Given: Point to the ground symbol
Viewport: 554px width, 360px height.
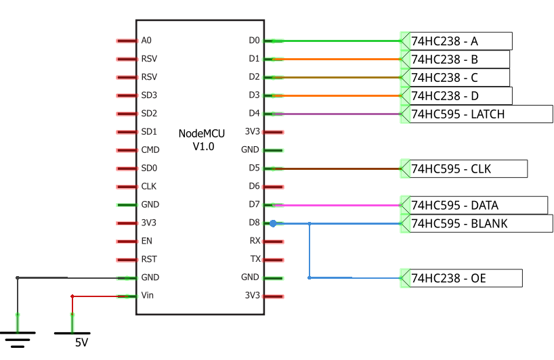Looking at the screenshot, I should tap(18, 335).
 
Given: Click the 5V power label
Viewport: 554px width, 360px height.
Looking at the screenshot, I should tap(81, 343).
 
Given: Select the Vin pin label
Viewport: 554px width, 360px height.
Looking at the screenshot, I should tap(148, 296).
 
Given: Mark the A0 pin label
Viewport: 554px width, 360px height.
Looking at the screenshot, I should tap(147, 41).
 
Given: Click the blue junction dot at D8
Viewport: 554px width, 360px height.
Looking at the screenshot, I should tap(273, 223).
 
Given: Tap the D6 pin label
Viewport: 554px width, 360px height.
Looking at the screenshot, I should tap(254, 186).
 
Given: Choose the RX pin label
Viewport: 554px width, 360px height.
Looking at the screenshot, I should tap(255, 241).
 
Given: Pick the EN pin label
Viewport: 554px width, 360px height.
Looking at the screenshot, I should tap(147, 241).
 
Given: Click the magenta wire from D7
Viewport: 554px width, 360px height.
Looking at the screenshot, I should tap(339, 205).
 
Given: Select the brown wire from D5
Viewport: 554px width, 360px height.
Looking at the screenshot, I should tap(339, 168).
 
